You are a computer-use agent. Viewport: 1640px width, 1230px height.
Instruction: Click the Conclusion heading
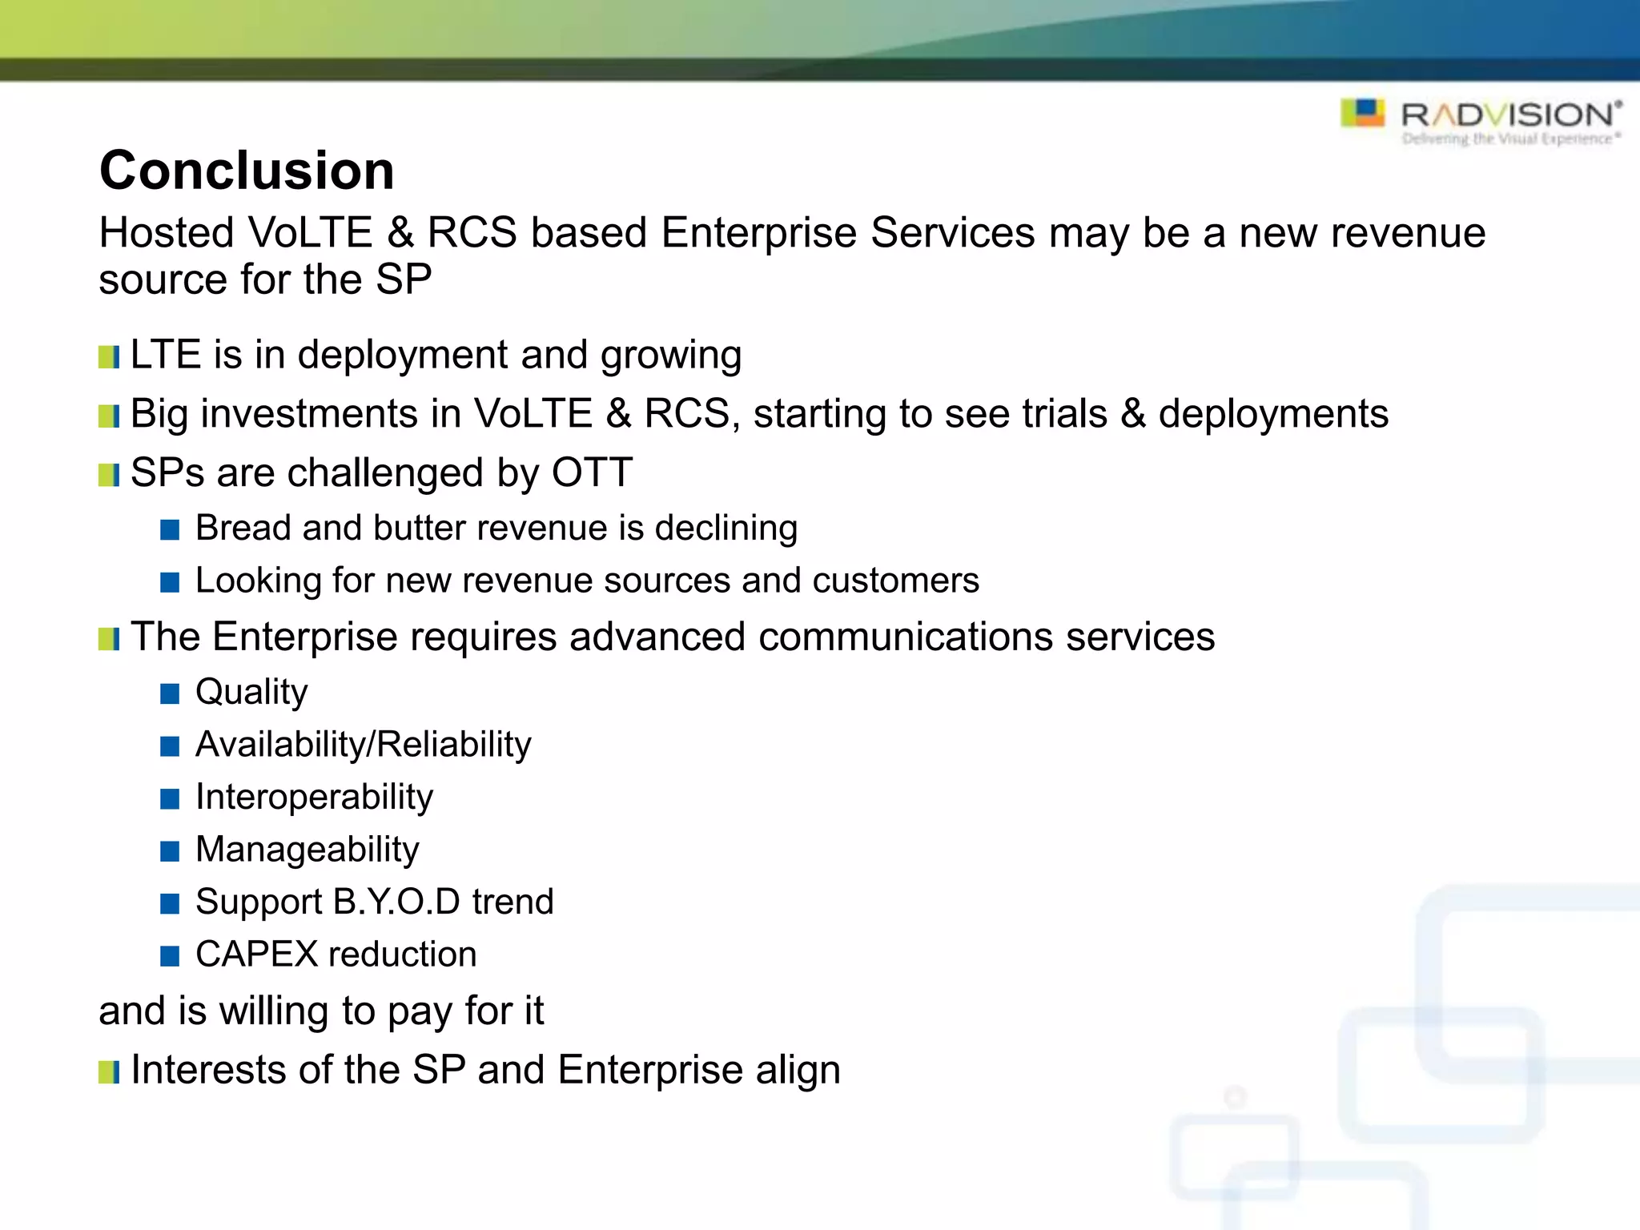click(x=247, y=171)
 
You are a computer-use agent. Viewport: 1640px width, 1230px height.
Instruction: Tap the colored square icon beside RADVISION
click(x=1362, y=113)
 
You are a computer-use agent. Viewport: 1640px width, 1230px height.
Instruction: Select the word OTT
click(x=592, y=472)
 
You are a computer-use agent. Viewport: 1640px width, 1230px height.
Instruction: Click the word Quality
click(x=251, y=693)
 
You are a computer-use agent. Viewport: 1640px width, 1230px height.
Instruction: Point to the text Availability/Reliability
click(x=363, y=745)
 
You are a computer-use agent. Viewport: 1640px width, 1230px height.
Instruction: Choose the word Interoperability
click(x=314, y=798)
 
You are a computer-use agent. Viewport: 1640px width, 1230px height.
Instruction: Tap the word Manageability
click(x=307, y=850)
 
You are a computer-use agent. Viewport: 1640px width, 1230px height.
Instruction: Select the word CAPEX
click(x=256, y=955)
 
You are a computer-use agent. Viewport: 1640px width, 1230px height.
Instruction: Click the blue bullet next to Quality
click(x=170, y=693)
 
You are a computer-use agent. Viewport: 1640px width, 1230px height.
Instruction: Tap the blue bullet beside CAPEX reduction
click(x=170, y=955)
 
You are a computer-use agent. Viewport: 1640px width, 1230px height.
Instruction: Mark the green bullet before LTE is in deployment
click(x=109, y=357)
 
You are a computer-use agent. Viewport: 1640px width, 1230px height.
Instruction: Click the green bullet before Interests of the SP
click(x=109, y=1072)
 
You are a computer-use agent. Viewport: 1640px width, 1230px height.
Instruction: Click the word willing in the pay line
click(x=274, y=1011)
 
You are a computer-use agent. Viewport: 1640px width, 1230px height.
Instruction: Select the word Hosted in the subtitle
click(x=167, y=233)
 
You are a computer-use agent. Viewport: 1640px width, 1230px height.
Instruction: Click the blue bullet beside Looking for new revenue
click(x=170, y=582)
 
